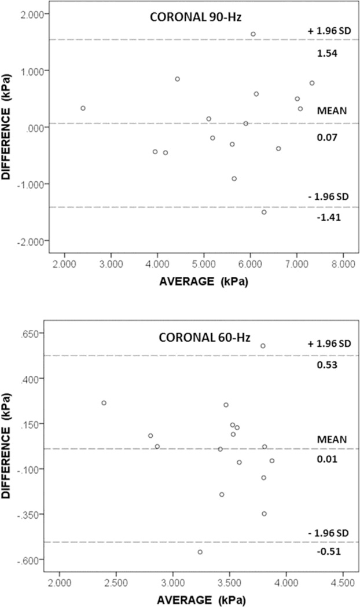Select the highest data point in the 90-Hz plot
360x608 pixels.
[x=253, y=34]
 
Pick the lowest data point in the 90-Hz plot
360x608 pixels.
[x=264, y=212]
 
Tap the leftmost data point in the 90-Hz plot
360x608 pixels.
[x=83, y=108]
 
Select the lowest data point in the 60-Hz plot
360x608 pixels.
[x=200, y=552]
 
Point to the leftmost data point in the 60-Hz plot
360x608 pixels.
[x=104, y=403]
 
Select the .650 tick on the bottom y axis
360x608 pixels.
[x=35, y=334]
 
